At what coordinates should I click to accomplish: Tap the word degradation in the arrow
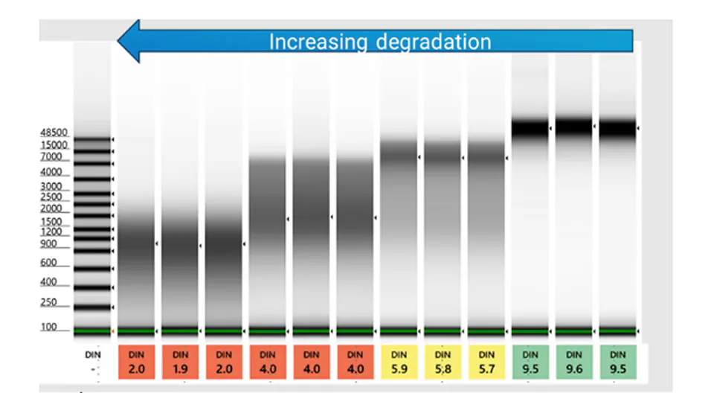pos(434,42)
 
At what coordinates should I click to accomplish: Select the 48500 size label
pos(54,133)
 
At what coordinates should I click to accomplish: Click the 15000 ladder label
pos(54,145)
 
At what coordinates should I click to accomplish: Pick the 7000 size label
pos(51,158)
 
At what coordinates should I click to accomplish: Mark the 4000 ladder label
pos(51,172)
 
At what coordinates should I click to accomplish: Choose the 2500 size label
pos(51,197)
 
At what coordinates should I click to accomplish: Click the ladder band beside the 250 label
pos(91,307)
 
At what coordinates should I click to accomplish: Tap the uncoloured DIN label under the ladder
pos(93,355)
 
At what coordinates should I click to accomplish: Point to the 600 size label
pos(49,263)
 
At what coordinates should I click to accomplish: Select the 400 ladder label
pos(49,283)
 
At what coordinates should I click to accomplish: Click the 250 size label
pos(49,302)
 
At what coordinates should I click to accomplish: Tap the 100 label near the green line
pos(49,327)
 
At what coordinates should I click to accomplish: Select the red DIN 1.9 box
pos(180,362)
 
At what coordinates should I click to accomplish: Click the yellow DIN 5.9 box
pos(399,362)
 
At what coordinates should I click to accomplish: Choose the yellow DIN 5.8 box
pos(443,362)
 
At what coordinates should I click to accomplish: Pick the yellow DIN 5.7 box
pos(487,362)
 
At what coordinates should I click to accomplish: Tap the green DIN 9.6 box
pos(574,362)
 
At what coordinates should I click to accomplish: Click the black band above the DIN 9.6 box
pos(574,127)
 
